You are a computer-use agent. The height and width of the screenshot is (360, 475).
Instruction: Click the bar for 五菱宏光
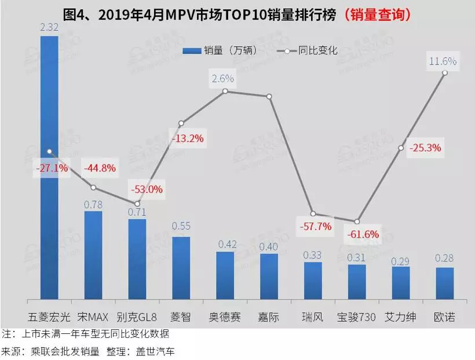pyautogui.click(x=49, y=168)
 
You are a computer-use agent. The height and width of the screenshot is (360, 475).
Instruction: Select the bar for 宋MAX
pyautogui.click(x=93, y=256)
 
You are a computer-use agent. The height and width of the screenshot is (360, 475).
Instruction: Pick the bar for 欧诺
pyautogui.click(x=445, y=283)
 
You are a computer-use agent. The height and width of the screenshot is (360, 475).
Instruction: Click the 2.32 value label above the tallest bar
pyautogui.click(x=49, y=27)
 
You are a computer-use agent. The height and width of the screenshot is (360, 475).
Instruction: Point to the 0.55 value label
pyautogui.click(x=181, y=226)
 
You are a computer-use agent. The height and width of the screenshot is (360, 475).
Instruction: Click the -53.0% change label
pyautogui.click(x=148, y=189)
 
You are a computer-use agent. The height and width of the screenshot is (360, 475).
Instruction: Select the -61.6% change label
pyautogui.click(x=363, y=235)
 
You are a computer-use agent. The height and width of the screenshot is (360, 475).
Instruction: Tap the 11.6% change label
pyautogui.click(x=443, y=60)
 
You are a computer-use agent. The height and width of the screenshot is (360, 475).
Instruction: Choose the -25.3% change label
pyautogui.click(x=425, y=148)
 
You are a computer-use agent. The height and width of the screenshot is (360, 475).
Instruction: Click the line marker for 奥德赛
pyautogui.click(x=225, y=91)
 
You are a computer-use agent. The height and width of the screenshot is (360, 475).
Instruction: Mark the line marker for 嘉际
pyautogui.click(x=269, y=96)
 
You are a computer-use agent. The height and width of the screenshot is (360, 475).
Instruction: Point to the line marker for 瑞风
pyautogui.click(x=313, y=214)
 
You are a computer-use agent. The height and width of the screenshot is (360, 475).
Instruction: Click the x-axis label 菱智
pyautogui.click(x=181, y=317)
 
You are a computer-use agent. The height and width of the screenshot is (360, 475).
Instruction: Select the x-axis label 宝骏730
pyautogui.click(x=357, y=317)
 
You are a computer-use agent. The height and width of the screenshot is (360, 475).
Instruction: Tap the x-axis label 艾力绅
pyautogui.click(x=401, y=317)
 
